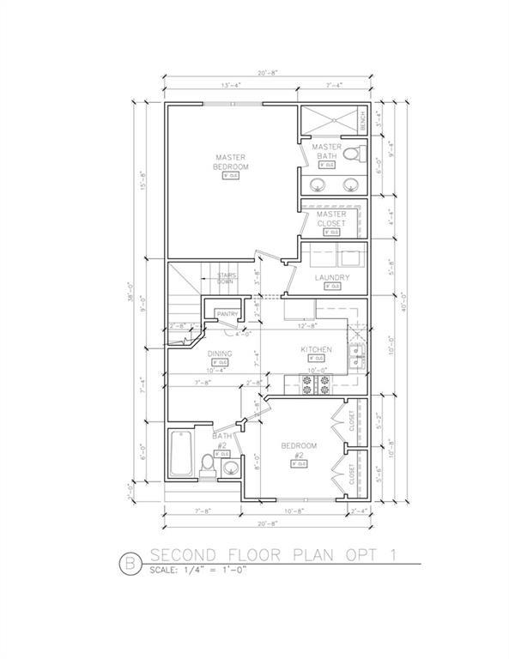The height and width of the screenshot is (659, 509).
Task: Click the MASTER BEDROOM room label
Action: click(231, 161)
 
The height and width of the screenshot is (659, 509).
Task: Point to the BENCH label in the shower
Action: click(362, 118)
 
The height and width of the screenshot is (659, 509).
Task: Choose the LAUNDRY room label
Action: click(331, 277)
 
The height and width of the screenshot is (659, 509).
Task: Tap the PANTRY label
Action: click(227, 315)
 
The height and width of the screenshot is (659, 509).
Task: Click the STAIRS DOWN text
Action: click(225, 278)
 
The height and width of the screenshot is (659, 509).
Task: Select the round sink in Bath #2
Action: click(230, 468)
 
